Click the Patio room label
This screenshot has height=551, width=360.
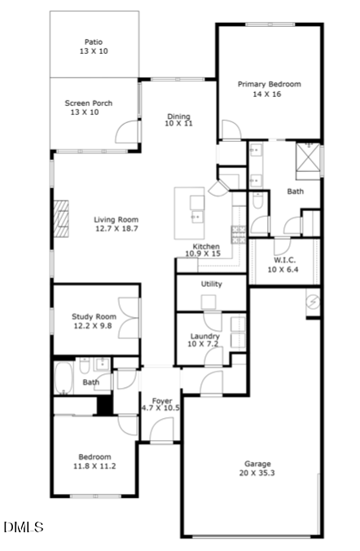tap(94, 42)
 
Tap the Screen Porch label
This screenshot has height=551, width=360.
tap(89, 104)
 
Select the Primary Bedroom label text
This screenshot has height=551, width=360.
tap(270, 84)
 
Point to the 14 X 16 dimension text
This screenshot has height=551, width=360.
tap(270, 94)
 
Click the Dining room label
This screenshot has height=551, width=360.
tap(178, 117)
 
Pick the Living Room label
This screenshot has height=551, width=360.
tap(116, 219)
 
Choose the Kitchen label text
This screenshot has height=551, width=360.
tap(206, 246)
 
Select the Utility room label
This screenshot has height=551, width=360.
tap(212, 284)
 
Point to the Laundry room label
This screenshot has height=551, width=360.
tap(204, 336)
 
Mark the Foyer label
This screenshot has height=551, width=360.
tap(162, 400)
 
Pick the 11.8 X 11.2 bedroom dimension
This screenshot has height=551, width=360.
tap(94, 466)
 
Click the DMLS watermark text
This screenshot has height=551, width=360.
tap(23, 527)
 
